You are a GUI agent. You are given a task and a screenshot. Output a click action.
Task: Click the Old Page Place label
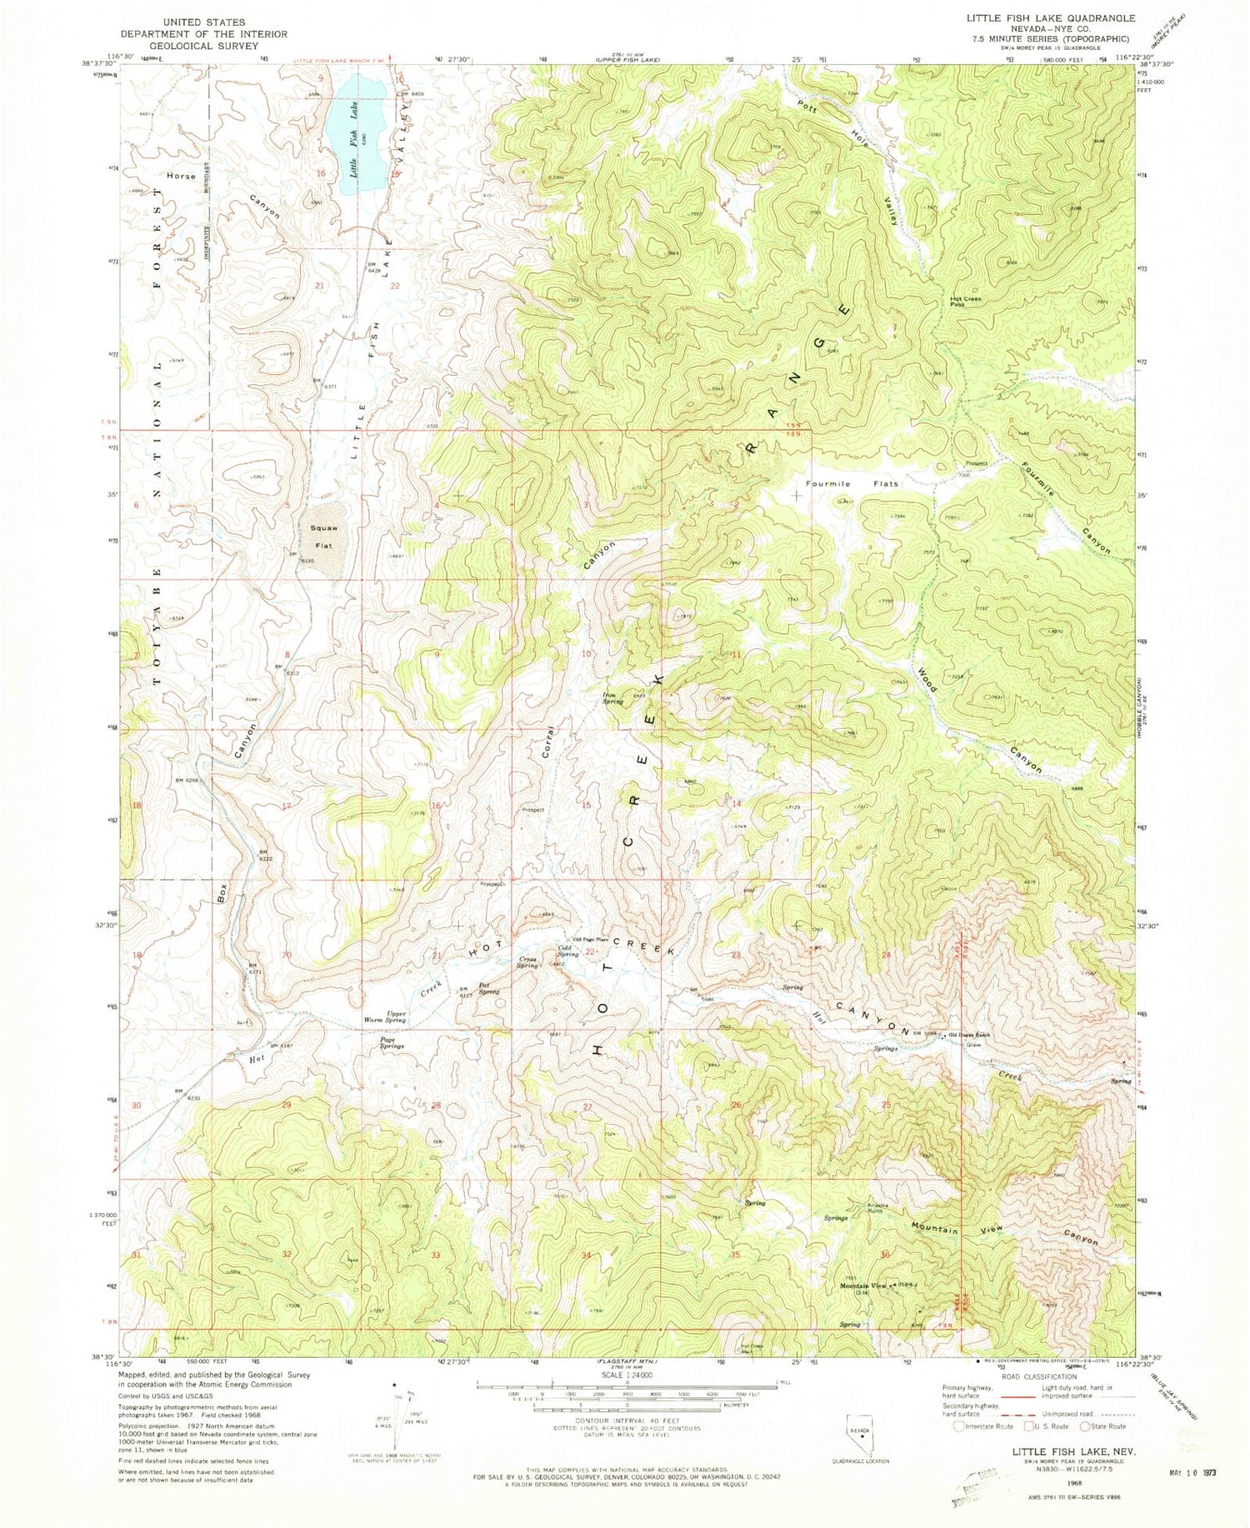pos(590,940)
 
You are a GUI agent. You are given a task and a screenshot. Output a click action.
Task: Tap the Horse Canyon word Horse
pos(180,177)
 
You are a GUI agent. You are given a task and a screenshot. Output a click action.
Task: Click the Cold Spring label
pos(568,950)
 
